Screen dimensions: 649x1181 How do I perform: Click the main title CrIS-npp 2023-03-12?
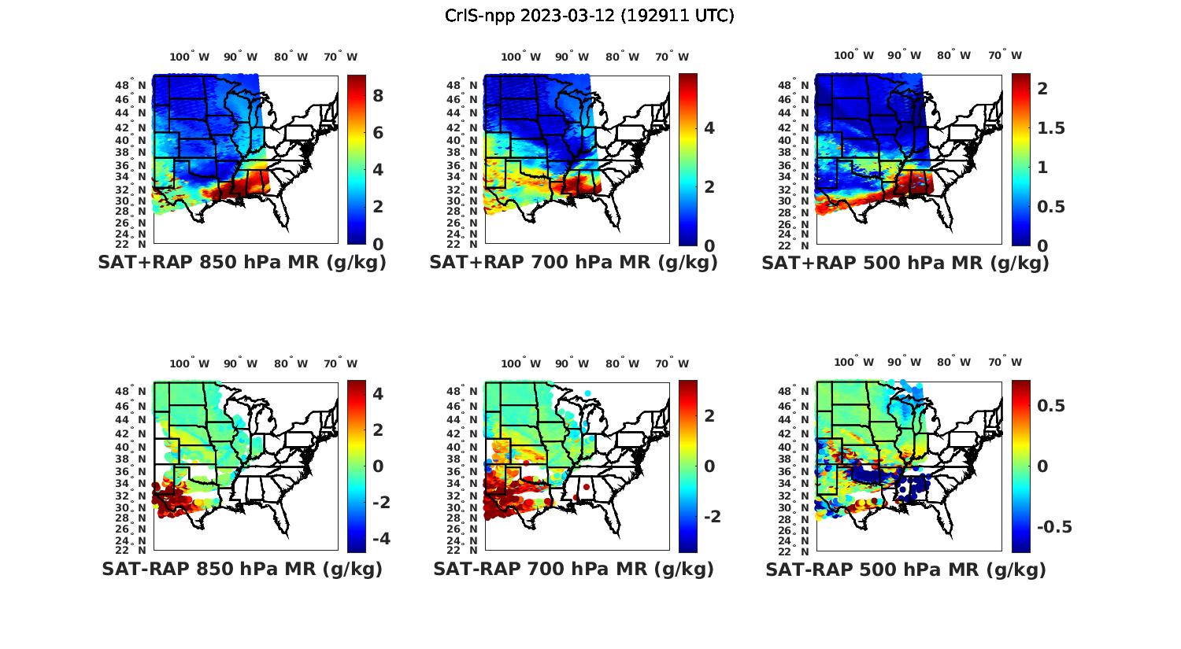(589, 15)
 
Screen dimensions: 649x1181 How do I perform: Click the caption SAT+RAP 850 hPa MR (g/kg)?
(242, 263)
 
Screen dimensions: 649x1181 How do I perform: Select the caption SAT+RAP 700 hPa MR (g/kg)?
(573, 263)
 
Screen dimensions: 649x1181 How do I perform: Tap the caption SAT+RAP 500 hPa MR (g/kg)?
(905, 263)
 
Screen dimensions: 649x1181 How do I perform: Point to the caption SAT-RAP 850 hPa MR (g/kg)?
(242, 569)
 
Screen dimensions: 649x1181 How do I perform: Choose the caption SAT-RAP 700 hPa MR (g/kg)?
(573, 569)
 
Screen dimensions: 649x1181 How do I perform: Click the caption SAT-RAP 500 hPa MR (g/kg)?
(905, 569)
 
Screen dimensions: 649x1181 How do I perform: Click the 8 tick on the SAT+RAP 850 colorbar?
(378, 95)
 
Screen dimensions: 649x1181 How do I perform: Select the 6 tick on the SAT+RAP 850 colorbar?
(378, 132)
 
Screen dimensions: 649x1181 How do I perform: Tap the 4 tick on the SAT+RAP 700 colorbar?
(709, 127)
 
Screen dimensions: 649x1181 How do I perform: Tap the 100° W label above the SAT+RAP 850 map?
(190, 57)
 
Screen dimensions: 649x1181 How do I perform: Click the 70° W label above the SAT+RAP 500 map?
(1005, 55)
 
